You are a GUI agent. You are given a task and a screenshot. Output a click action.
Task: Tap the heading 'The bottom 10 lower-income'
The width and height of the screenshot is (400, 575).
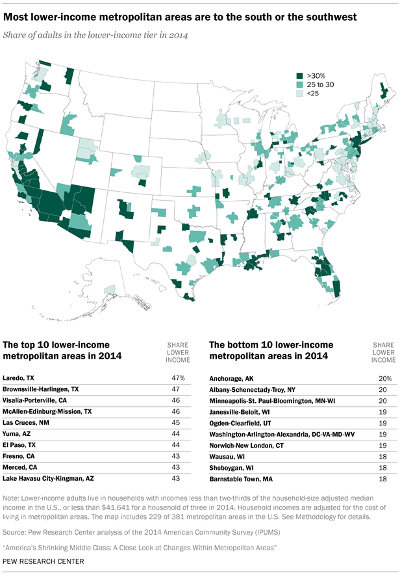coord(271,344)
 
